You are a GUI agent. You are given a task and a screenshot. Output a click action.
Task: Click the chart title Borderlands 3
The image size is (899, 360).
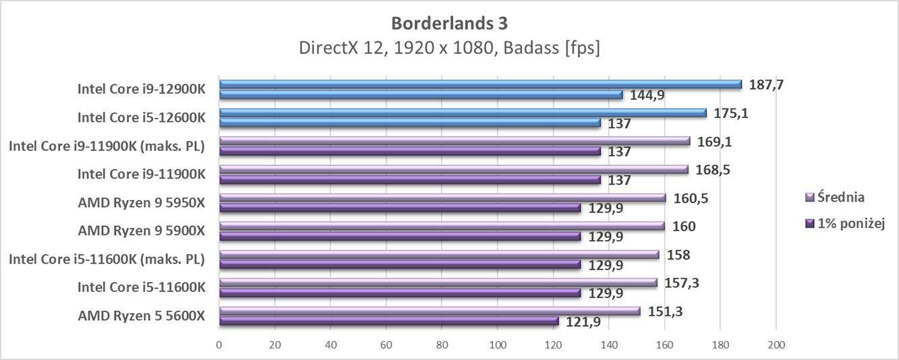449,23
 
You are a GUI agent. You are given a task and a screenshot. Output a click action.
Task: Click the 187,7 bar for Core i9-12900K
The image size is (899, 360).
480,85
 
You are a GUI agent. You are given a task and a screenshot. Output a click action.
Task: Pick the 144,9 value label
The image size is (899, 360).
647,95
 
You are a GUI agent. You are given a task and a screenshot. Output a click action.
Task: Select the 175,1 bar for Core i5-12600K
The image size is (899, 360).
463,113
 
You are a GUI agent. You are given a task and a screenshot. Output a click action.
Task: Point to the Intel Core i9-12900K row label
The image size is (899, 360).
141,89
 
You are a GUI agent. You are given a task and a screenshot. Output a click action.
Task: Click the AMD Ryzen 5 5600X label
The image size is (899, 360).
141,316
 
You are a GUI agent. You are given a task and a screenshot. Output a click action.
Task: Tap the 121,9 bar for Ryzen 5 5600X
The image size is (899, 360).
388,322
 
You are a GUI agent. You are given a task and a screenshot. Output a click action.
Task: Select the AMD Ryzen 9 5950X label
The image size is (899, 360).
141,202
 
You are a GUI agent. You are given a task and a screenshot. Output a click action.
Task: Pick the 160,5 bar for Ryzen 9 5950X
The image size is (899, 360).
442,198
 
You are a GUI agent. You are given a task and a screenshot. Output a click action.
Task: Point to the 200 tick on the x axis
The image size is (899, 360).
776,345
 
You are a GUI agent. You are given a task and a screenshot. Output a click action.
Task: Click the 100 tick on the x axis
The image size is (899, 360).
498,345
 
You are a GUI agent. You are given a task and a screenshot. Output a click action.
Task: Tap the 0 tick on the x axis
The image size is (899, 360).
219,345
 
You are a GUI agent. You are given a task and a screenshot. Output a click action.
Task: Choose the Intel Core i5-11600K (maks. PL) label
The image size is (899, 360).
107,259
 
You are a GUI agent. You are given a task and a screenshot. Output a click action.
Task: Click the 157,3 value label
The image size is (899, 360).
681,282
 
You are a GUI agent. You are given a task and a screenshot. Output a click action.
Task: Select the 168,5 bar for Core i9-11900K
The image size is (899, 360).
453,170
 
